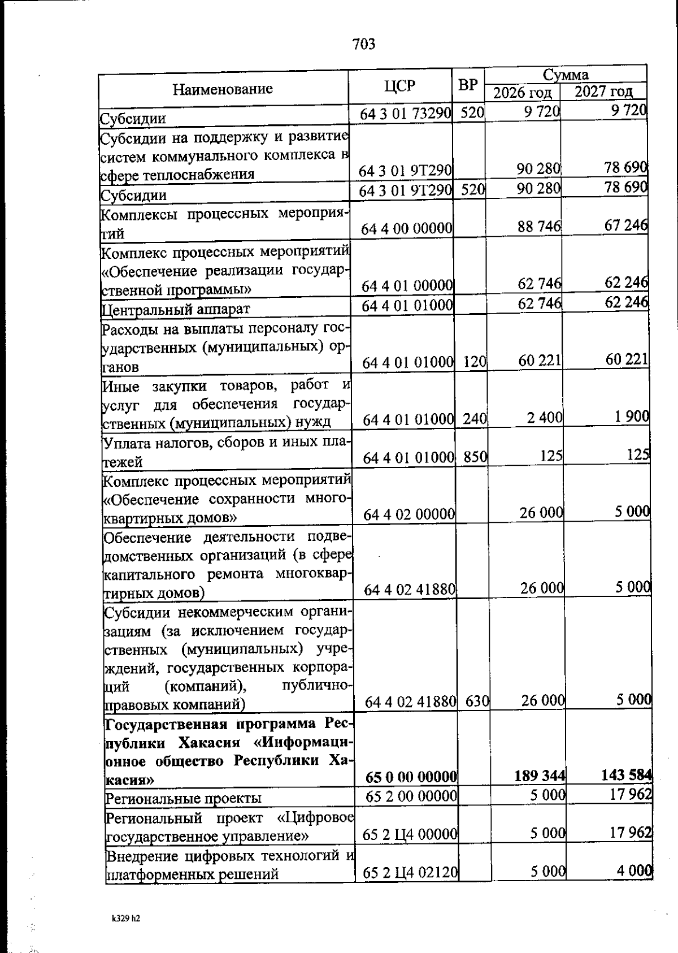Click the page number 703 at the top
point(364,44)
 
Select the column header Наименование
point(223,89)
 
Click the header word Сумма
point(566,75)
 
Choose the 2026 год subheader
point(523,92)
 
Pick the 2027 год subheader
point(603,92)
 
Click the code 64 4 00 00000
point(407,228)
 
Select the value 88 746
point(539,227)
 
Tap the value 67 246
point(626,225)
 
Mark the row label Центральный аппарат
point(175,309)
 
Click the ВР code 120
point(475,362)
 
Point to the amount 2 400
point(545,418)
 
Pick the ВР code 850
point(475,456)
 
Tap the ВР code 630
point(477,701)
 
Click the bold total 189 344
point(540,776)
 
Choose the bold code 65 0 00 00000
point(411,777)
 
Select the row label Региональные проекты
point(184,799)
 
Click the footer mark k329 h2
point(125,919)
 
